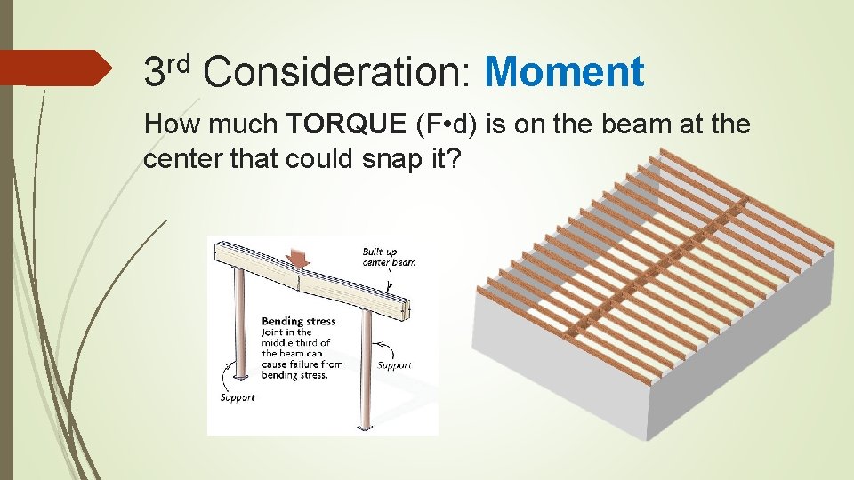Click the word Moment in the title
(564, 72)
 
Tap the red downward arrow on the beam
(297, 258)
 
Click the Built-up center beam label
(389, 257)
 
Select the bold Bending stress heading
(298, 321)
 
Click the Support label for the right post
(394, 365)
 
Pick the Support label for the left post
(238, 397)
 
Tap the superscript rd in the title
(180, 62)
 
